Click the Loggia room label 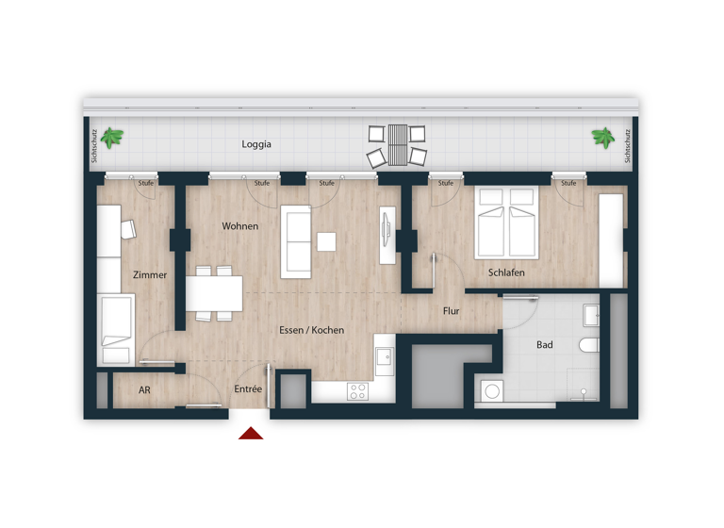pos(256,144)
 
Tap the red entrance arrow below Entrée pos(251,433)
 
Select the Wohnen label pos(240,226)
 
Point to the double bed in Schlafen pos(507,223)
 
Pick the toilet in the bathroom pos(590,345)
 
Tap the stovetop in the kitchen pos(357,391)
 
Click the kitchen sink pos(384,357)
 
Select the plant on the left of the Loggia pos(113,139)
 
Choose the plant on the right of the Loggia pos(602,139)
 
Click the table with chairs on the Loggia pos(397,144)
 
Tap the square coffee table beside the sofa pos(326,242)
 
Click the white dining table pos(214,292)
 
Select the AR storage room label pos(144,389)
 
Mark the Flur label pos(452,310)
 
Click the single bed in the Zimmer pos(116,328)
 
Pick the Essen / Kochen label pos(311,330)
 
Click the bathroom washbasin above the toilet pos(591,314)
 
